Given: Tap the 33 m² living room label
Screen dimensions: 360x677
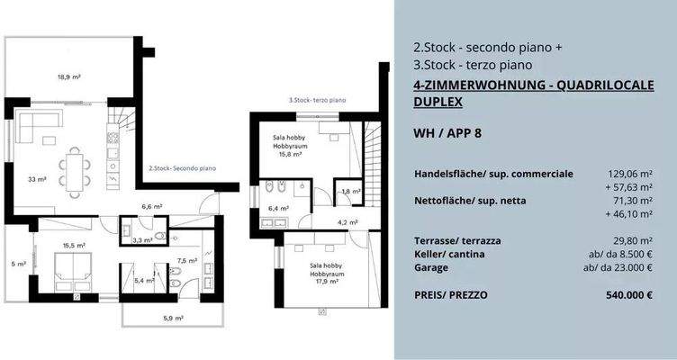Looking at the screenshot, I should (38, 179).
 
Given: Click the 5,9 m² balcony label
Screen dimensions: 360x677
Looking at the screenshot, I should (173, 318).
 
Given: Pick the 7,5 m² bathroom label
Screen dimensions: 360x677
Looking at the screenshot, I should (185, 260).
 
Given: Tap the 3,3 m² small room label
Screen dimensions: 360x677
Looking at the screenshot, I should (140, 240).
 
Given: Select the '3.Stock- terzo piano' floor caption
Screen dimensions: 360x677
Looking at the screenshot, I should (316, 101).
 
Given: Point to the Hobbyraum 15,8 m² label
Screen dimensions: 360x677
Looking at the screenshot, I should (290, 145).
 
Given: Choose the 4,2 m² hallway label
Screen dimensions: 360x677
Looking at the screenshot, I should (348, 222).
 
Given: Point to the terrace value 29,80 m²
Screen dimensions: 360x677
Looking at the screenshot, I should (632, 241).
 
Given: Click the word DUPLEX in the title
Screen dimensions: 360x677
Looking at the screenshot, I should (438, 102).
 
